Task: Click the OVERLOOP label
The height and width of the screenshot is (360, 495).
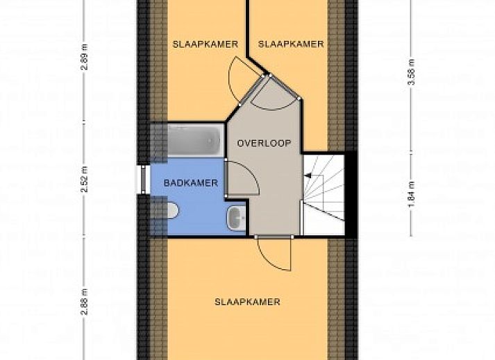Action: (x=264, y=144)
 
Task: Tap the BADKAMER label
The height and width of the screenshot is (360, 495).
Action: (x=191, y=183)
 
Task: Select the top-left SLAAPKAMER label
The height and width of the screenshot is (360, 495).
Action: (x=205, y=44)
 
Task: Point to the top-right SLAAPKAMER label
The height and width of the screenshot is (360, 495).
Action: (x=291, y=44)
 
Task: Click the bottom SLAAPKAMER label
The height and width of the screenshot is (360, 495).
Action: (x=247, y=302)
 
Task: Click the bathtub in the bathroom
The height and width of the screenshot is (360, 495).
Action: (x=194, y=140)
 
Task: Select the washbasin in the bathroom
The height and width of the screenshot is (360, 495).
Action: (x=236, y=218)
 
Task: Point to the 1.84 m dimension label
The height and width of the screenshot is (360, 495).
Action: (x=411, y=195)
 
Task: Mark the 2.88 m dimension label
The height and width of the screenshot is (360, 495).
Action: (x=85, y=302)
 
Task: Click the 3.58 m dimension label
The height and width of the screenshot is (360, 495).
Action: (x=411, y=72)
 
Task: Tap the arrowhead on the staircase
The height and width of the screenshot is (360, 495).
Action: (x=308, y=175)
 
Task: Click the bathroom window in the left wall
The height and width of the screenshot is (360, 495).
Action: (x=143, y=179)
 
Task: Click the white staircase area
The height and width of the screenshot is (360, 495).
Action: (x=324, y=195)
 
